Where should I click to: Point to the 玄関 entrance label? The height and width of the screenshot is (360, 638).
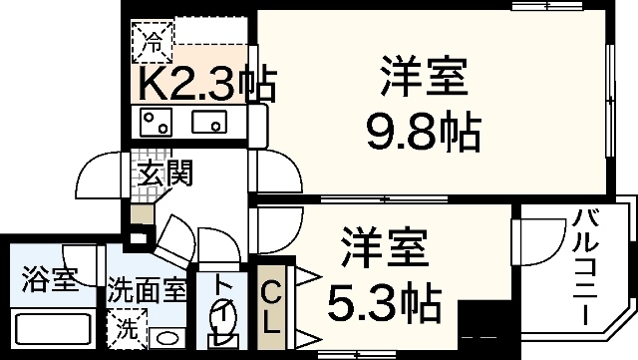tap(164, 173)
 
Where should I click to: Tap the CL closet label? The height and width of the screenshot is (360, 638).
tap(270, 304)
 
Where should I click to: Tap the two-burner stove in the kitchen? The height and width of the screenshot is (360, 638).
tap(158, 124)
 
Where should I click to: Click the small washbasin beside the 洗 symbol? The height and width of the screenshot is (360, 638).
tap(167, 336)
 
